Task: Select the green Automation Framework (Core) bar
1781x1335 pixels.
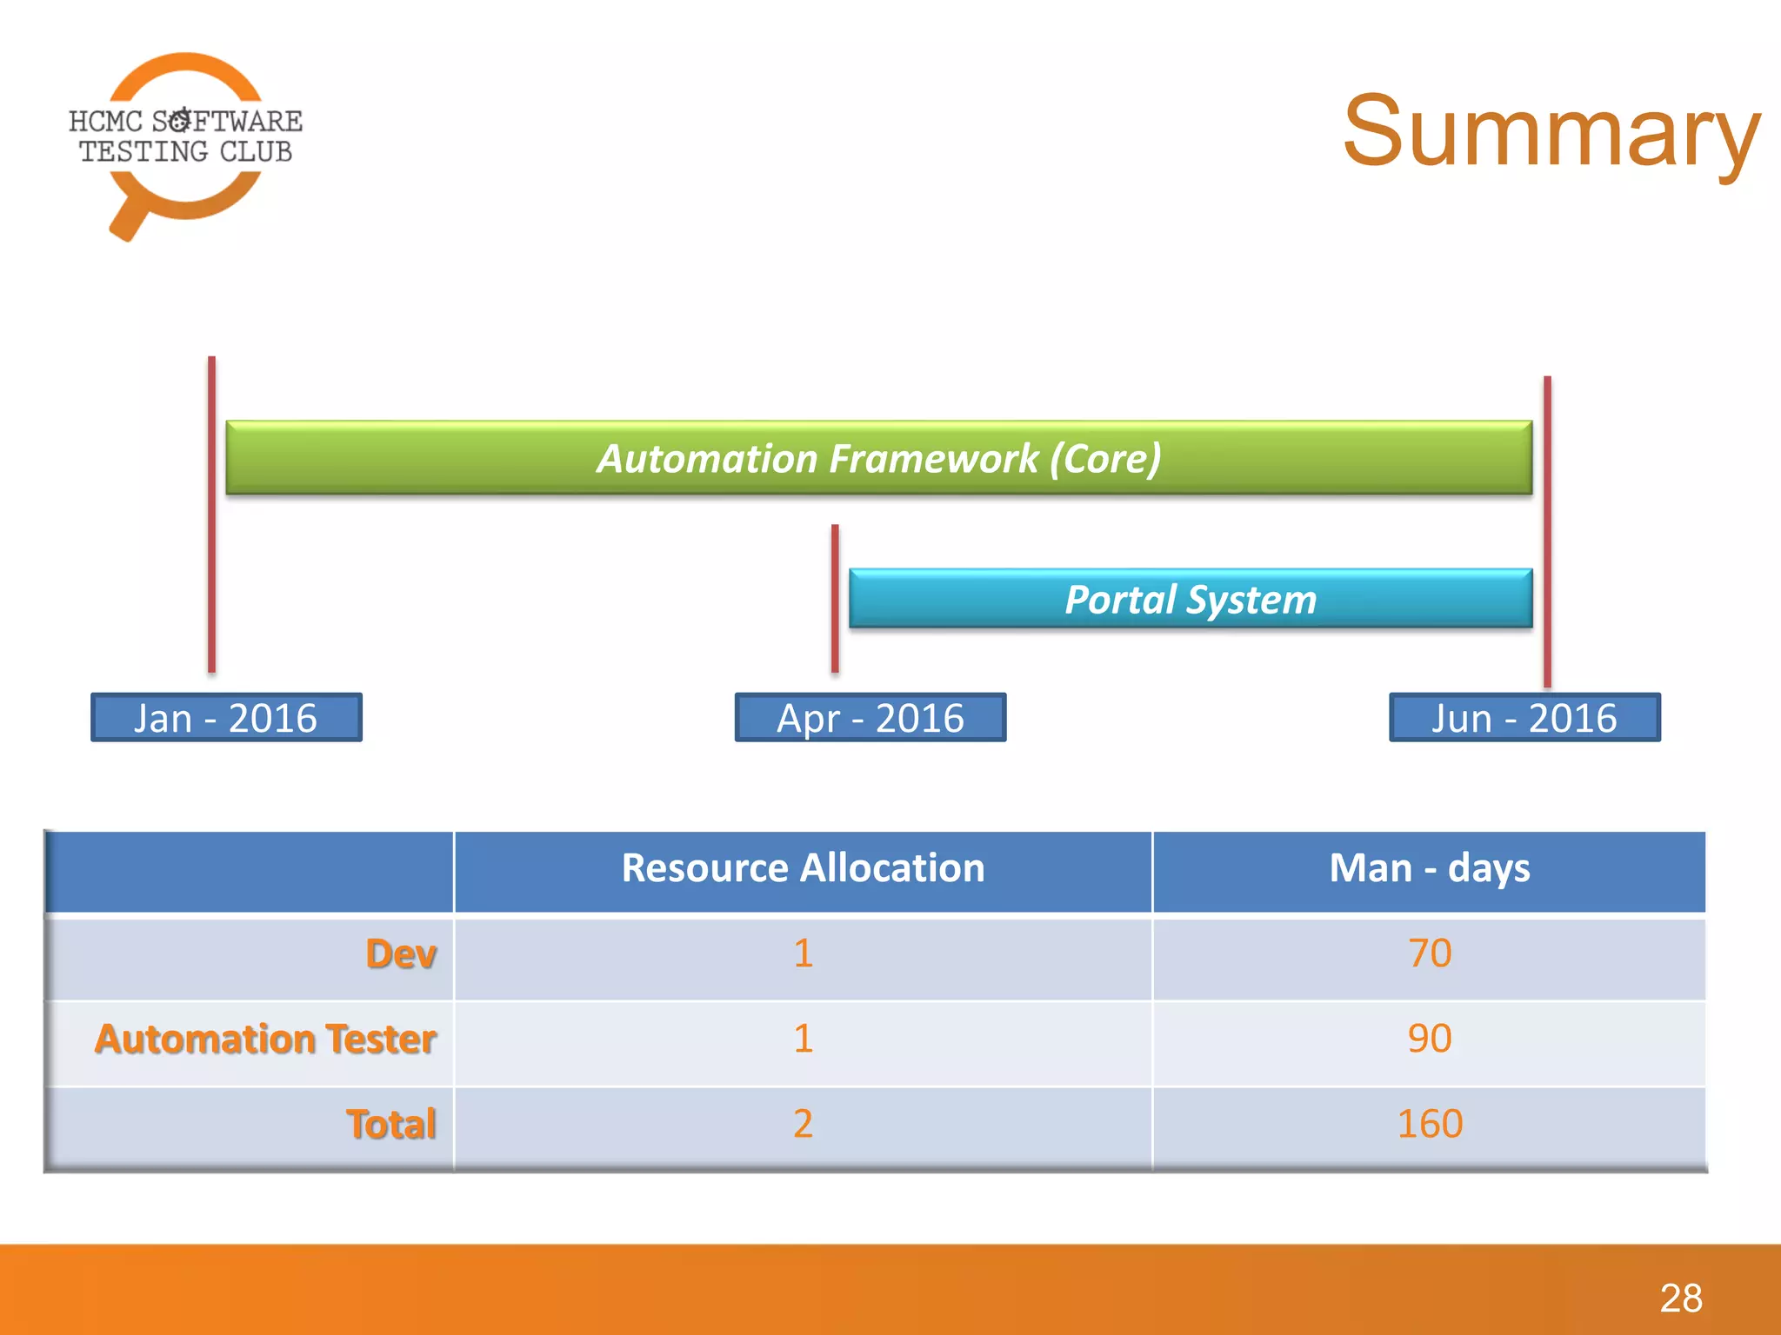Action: [x=878, y=458]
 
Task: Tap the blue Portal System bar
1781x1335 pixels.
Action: [x=1190, y=599]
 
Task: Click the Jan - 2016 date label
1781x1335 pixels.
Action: [x=226, y=718]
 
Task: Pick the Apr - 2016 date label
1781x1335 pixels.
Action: [x=870, y=718]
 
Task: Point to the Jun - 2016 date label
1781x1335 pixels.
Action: [x=1524, y=718]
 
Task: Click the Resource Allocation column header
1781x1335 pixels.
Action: [x=803, y=868]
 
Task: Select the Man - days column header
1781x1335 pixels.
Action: [x=1429, y=868]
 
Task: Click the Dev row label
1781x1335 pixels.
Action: [x=401, y=953]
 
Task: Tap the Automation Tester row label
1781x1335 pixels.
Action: [x=265, y=1039]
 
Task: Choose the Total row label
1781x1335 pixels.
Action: [x=391, y=1124]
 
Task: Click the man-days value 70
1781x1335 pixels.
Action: [x=1430, y=953]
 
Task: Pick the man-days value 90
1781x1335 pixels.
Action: [x=1430, y=1039]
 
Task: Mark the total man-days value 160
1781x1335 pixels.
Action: [x=1430, y=1124]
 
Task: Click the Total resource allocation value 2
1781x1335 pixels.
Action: [x=803, y=1124]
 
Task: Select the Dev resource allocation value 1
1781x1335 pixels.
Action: [x=803, y=953]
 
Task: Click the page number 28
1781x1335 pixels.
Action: [x=1680, y=1298]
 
